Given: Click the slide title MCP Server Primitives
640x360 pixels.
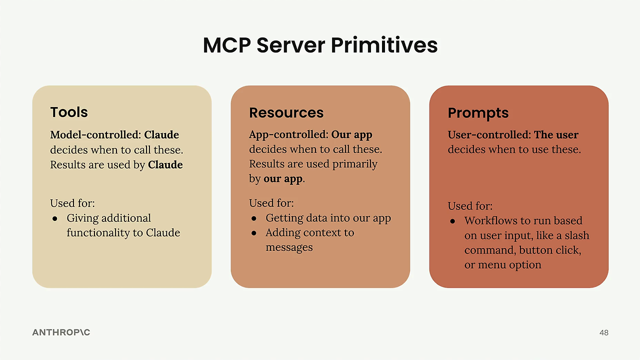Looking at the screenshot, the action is click(x=320, y=45).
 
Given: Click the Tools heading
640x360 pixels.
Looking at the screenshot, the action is click(x=69, y=112).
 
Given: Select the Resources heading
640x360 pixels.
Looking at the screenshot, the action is click(x=286, y=112).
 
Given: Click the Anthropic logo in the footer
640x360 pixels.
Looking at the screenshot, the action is click(x=61, y=332).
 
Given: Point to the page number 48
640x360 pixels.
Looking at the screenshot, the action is click(x=603, y=332).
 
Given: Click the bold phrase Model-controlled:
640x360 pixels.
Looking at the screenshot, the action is click(x=95, y=134).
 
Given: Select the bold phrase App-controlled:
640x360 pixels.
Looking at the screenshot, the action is click(x=288, y=134).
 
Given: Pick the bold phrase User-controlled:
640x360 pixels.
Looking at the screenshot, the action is click(x=489, y=134).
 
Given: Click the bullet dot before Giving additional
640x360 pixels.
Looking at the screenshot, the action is click(x=55, y=219).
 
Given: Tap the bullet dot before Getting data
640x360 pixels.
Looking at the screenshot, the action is click(x=253, y=218).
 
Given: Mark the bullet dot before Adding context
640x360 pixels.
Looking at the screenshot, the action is click(x=253, y=233).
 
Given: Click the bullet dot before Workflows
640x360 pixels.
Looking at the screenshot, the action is click(x=452, y=221).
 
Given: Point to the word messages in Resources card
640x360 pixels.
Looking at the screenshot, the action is click(x=289, y=247).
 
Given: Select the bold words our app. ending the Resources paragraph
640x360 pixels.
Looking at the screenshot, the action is click(x=284, y=178).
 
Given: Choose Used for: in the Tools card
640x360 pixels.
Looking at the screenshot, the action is click(x=72, y=203).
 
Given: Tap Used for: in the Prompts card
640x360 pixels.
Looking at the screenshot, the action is click(x=470, y=205).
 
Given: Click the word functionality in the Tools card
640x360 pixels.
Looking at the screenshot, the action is click(x=99, y=232).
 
